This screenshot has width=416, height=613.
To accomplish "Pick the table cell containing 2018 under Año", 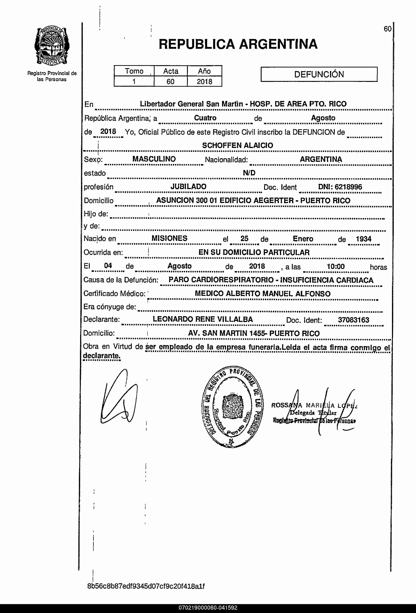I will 204,82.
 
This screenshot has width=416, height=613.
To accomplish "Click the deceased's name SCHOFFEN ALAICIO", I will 238,145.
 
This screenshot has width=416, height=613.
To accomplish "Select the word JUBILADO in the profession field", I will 188,187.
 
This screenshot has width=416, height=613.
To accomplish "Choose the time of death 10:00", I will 336,266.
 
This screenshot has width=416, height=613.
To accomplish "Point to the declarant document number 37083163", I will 353,320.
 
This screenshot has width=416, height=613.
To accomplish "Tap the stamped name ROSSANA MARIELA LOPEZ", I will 314,405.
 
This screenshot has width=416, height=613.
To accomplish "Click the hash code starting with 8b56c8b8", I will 146,586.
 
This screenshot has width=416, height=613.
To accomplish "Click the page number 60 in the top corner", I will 387,29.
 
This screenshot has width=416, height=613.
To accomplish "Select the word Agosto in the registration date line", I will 323,118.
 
